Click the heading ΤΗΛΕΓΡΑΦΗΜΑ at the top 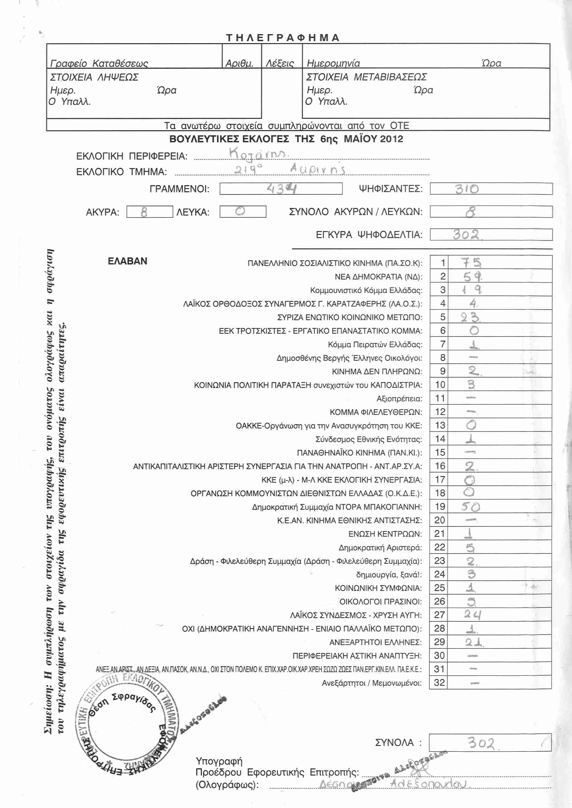tap(283, 38)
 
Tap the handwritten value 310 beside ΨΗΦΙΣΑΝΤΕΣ tap(467, 189)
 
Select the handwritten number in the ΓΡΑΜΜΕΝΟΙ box tap(282, 189)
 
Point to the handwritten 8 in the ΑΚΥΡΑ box tap(144, 212)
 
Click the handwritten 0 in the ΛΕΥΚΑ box tap(240, 211)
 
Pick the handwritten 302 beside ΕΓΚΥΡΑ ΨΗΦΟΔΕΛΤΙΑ tap(467, 234)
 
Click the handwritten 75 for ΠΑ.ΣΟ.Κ tap(471, 263)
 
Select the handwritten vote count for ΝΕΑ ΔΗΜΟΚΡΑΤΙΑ tap(472, 277)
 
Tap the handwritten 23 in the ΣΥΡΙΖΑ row tap(470, 317)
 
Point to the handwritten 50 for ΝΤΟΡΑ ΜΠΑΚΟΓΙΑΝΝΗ tap(471, 507)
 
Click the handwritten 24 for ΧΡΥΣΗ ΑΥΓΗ tap(472, 615)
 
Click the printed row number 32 tap(439, 683)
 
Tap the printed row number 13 tap(440, 425)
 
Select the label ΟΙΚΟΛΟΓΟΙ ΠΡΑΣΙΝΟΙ tap(380, 602)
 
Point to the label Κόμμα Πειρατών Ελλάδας tap(375, 344)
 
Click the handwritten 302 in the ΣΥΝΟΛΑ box tap(481, 743)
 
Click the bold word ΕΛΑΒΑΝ tap(128, 261)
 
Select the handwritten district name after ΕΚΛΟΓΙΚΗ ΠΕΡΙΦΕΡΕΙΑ tap(259, 153)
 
